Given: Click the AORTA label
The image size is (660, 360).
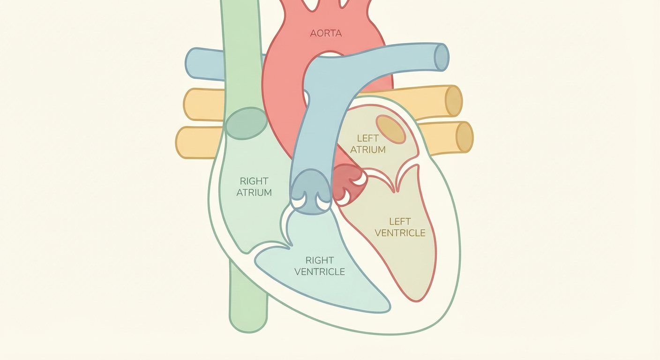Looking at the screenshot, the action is pyautogui.click(x=326, y=33).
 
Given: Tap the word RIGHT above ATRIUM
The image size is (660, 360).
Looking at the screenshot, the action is pyautogui.click(x=254, y=181).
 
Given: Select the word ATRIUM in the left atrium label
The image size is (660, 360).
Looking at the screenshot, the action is pyautogui.click(x=367, y=150).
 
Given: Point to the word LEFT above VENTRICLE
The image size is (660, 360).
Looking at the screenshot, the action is pyautogui.click(x=400, y=222).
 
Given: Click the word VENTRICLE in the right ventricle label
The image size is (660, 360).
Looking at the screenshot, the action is pyautogui.click(x=320, y=271).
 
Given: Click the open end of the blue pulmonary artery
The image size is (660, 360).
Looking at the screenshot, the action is pyautogui.click(x=442, y=57).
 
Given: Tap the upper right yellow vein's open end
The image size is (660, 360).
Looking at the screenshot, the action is pyautogui.click(x=453, y=101).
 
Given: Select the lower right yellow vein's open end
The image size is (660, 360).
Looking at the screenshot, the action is pyautogui.click(x=465, y=137).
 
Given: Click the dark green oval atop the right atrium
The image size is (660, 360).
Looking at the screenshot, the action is pyautogui.click(x=246, y=123).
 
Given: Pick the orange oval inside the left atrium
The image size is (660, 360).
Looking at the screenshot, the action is pyautogui.click(x=391, y=129).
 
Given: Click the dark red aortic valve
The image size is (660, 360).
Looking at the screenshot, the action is pyautogui.click(x=350, y=185).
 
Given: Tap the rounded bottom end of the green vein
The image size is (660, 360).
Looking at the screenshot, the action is pyautogui.click(x=248, y=322).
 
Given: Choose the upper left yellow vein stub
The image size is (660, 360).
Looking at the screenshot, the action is pyautogui.click(x=204, y=105).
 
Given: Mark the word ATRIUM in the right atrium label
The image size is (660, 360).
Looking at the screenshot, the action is pyautogui.click(x=254, y=193).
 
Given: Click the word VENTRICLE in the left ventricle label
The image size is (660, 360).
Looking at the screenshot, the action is pyautogui.click(x=400, y=233).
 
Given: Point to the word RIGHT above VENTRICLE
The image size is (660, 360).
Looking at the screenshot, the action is pyautogui.click(x=320, y=260).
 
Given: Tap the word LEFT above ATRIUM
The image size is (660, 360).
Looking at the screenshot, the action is pyautogui.click(x=367, y=138).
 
